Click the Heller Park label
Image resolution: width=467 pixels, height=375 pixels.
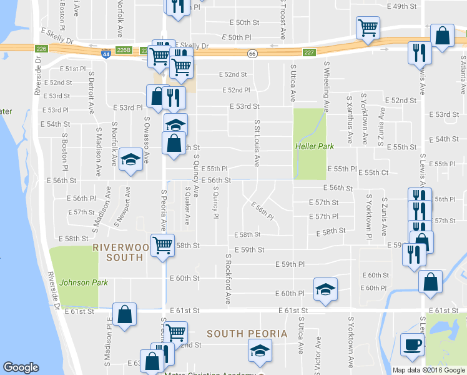point(314,146)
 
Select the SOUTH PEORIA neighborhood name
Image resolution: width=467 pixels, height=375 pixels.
point(247,334)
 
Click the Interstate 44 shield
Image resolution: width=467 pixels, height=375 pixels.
point(107,54)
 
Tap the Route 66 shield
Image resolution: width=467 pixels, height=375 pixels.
point(252,54)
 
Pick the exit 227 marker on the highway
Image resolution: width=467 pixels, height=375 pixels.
point(309,52)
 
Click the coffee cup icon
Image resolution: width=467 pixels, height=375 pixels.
point(412,345)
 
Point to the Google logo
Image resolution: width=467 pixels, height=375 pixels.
point(21,367)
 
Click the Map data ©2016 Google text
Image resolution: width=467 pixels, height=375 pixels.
point(428,370)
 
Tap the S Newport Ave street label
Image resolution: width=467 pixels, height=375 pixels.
point(122,206)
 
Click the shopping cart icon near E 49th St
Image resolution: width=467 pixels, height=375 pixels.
point(368,27)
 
